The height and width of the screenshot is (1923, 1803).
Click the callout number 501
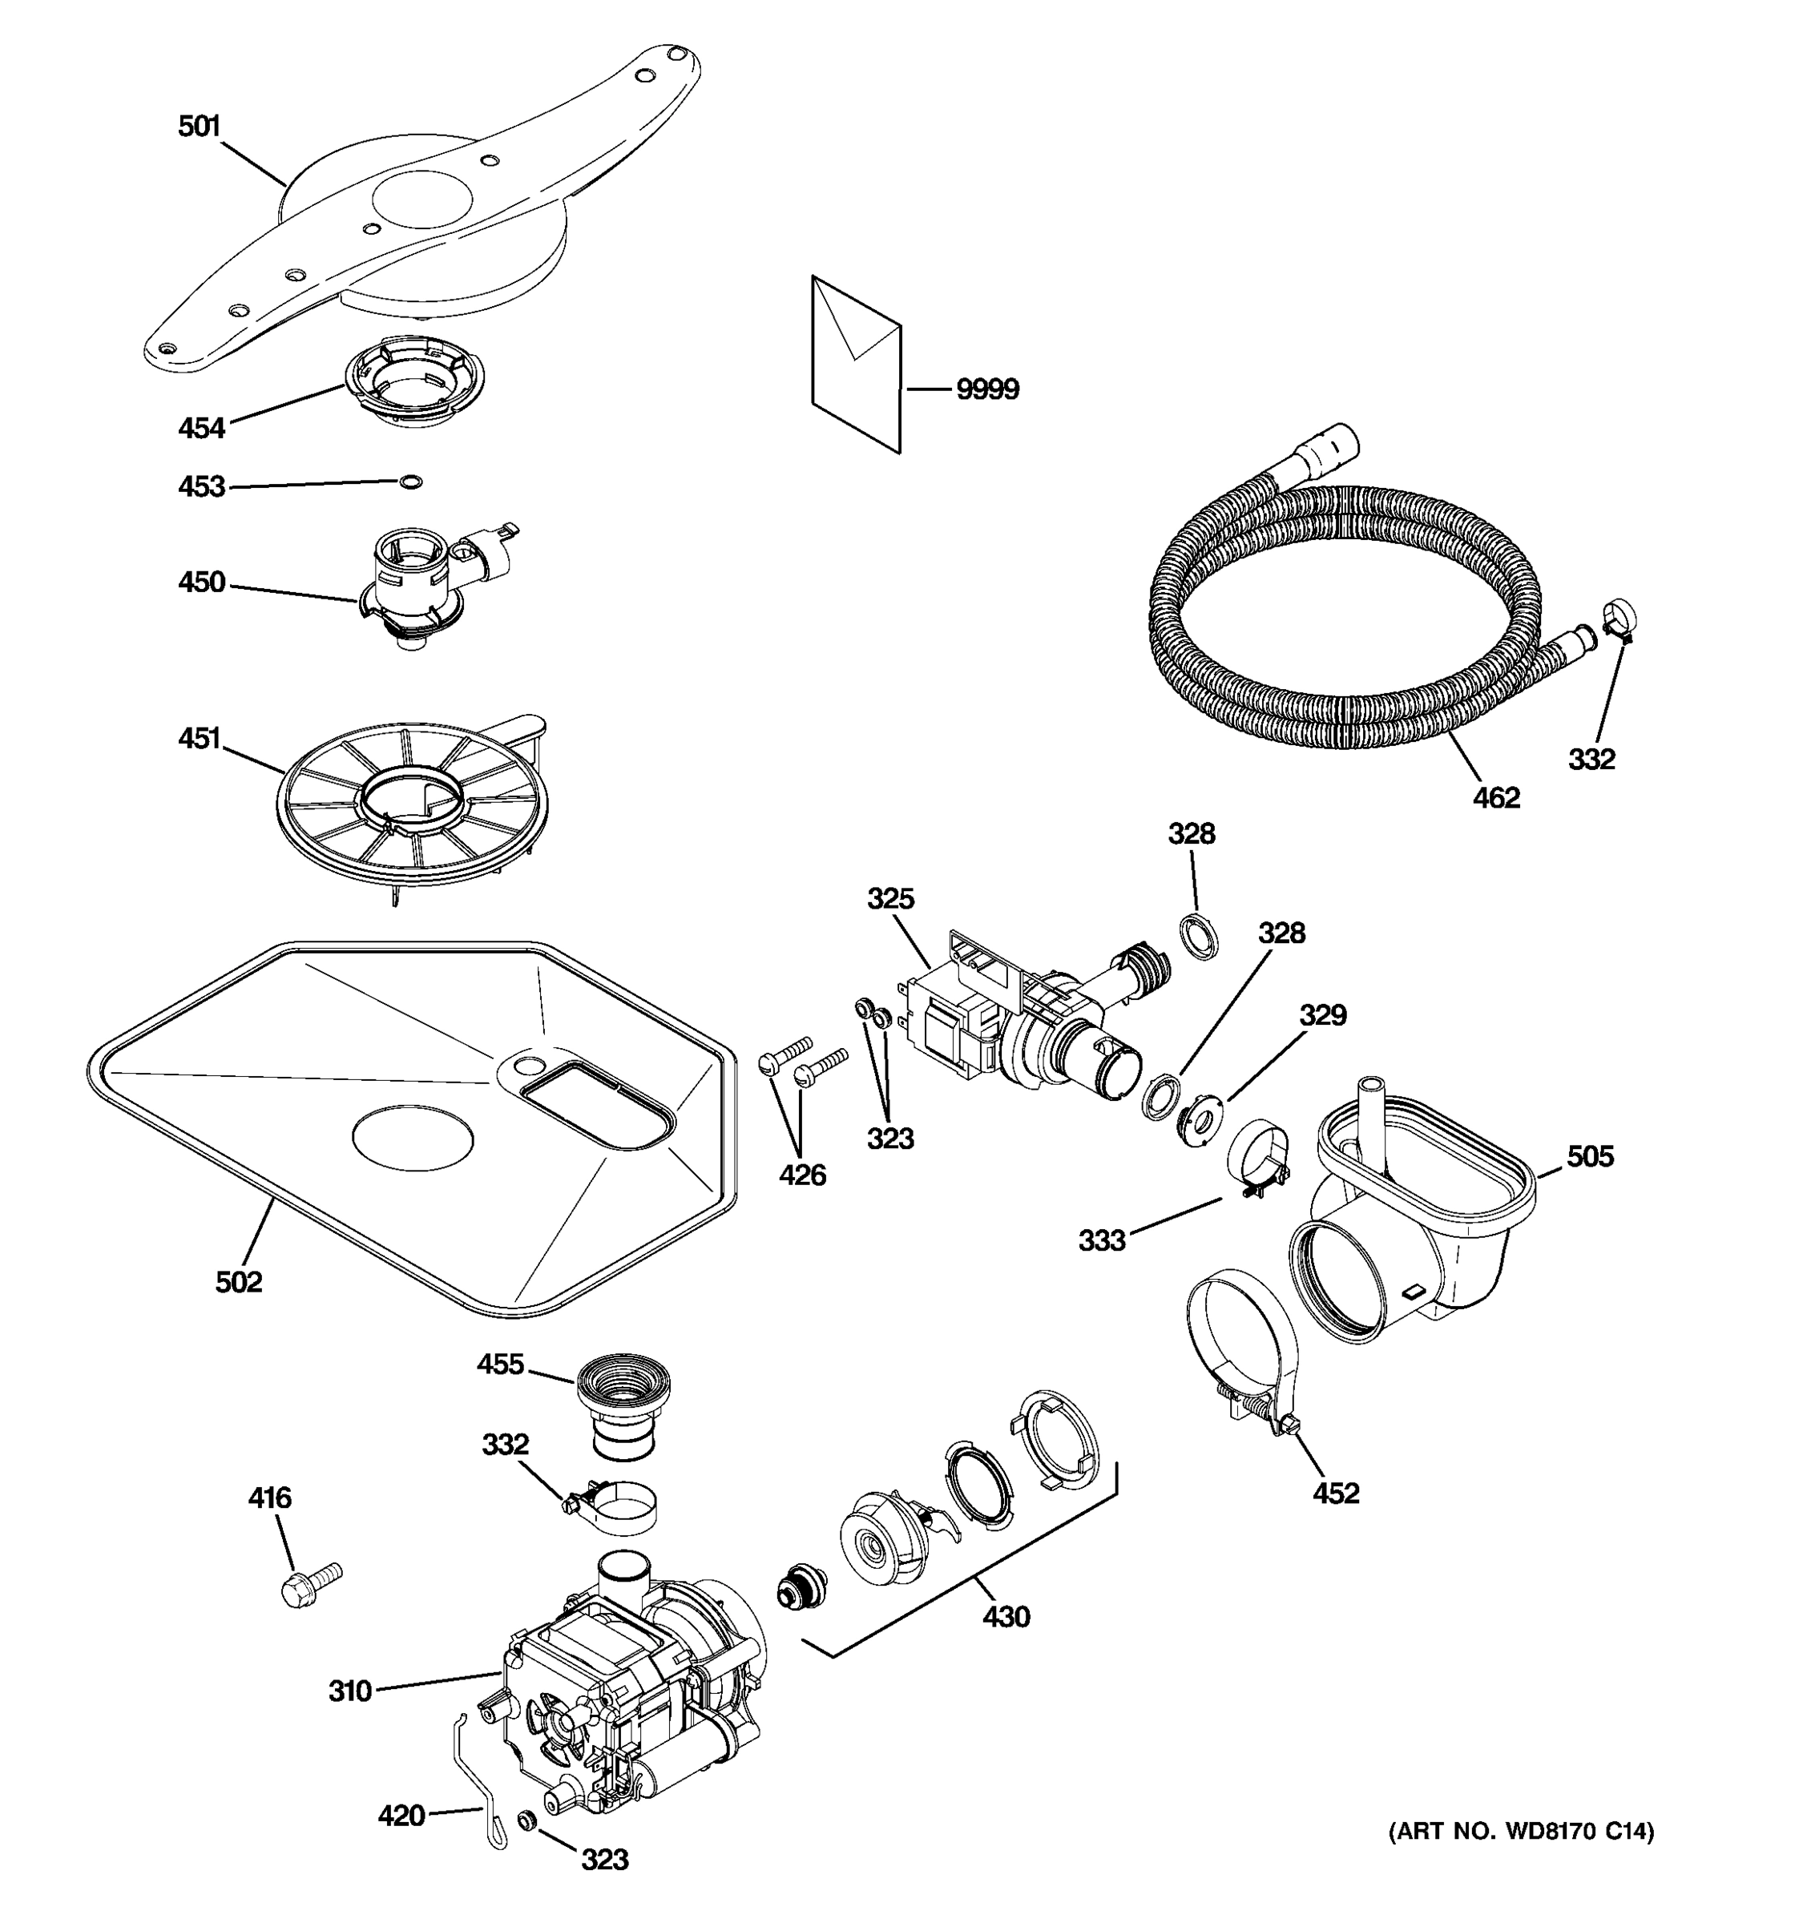(x=200, y=127)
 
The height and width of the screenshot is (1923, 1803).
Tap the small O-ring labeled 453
(x=411, y=482)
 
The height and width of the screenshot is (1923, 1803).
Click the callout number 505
(x=1590, y=1156)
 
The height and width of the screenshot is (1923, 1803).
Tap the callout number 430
(x=1006, y=1616)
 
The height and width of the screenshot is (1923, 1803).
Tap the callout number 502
(x=239, y=1282)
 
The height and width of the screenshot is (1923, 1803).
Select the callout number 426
(x=803, y=1175)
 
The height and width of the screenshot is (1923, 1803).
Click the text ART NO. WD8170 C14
(x=1522, y=1831)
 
